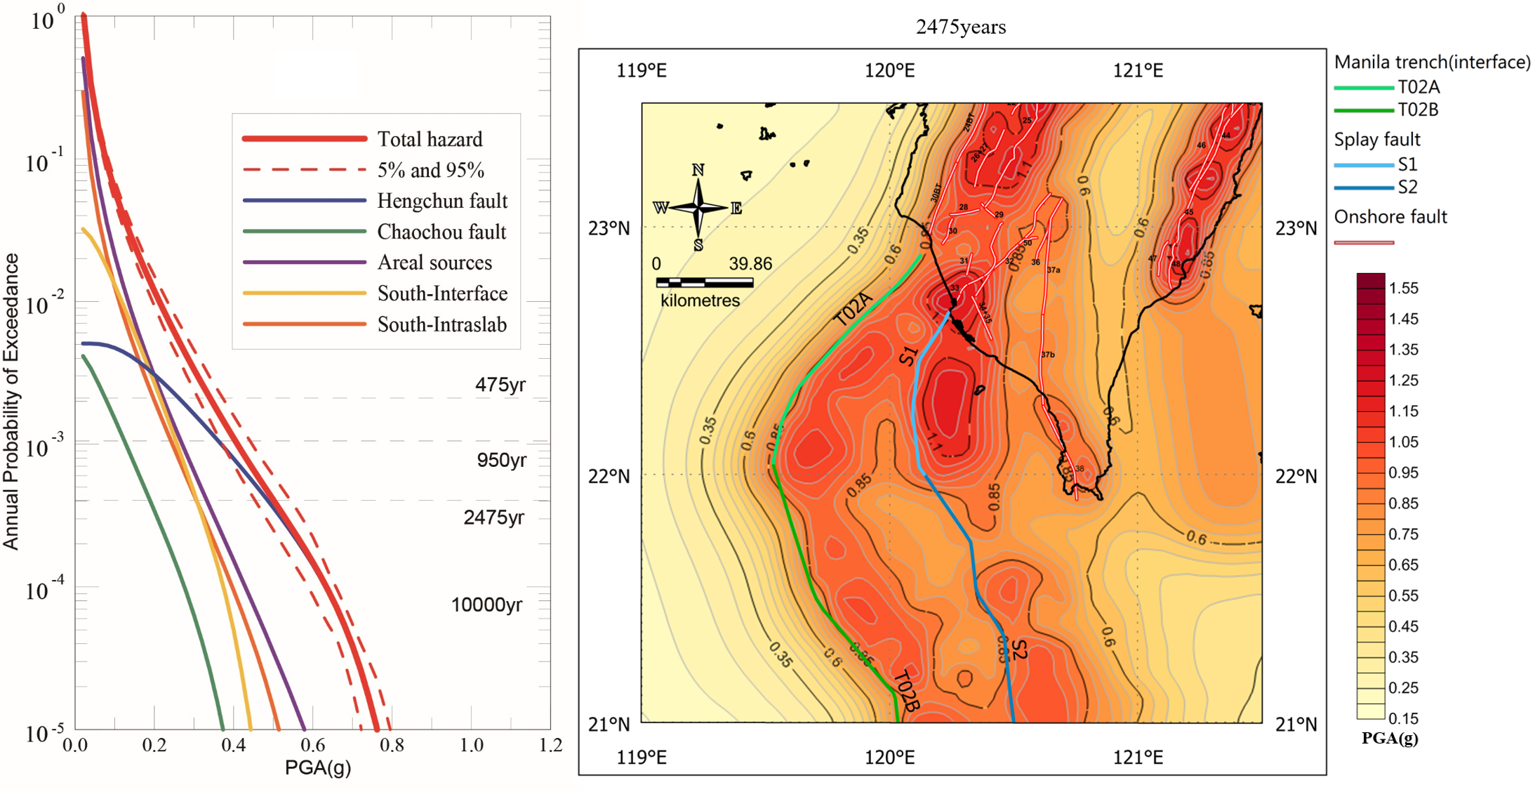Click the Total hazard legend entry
click(x=430, y=139)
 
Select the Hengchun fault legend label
click(x=442, y=201)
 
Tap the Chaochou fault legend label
click(x=441, y=232)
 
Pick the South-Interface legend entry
click(x=442, y=293)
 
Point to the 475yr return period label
click(x=500, y=385)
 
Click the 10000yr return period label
click(x=486, y=605)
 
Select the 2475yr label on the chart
click(x=493, y=517)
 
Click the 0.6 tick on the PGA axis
click(x=313, y=745)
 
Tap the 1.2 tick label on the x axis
click(x=551, y=745)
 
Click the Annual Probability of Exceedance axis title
click(x=11, y=401)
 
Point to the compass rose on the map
click(x=698, y=207)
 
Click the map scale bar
click(x=704, y=282)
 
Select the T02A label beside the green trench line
click(x=853, y=309)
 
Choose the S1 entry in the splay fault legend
click(x=1407, y=164)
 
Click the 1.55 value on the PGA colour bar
click(x=1404, y=288)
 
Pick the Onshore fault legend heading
click(x=1390, y=217)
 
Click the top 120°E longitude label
click(x=890, y=71)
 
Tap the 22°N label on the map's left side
click(x=609, y=477)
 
